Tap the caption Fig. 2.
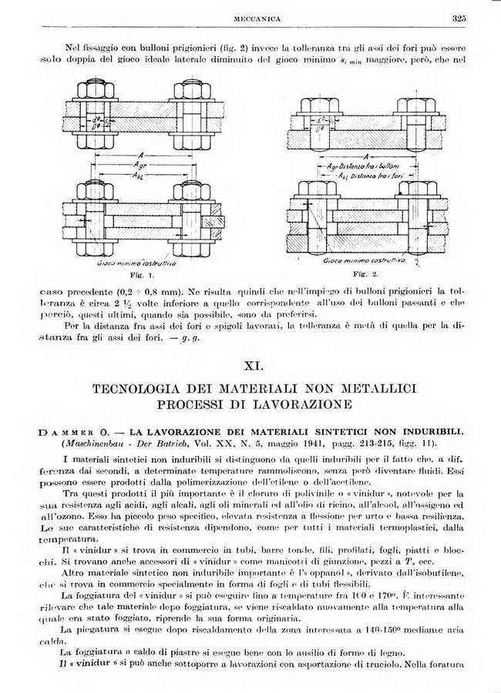tap(361, 273)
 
